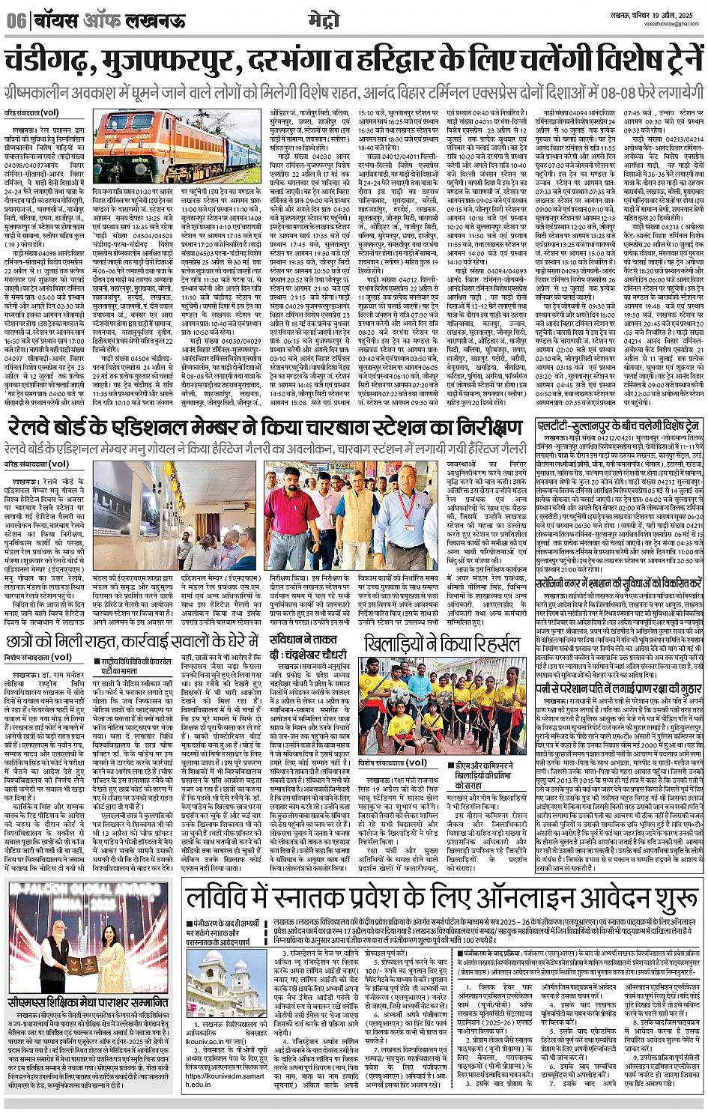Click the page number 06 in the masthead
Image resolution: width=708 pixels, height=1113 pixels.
[16, 20]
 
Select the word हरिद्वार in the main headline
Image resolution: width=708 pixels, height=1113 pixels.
[417, 61]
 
